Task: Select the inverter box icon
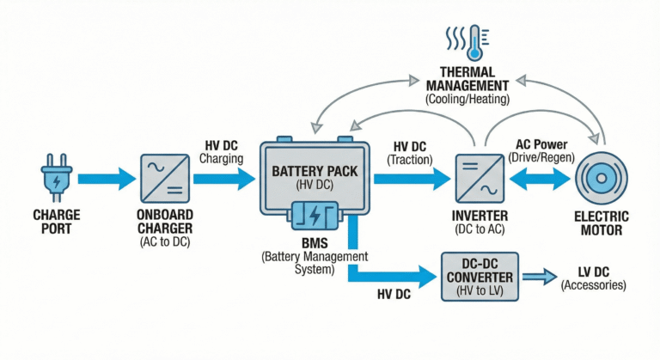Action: click(479, 179)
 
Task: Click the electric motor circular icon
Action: click(602, 179)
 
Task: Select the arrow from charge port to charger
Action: click(106, 179)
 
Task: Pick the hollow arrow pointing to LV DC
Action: click(538, 277)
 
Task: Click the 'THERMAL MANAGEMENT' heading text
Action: click(467, 80)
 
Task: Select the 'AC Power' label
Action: click(539, 143)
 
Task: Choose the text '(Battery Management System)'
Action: click(314, 263)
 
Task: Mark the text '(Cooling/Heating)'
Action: click(467, 100)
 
